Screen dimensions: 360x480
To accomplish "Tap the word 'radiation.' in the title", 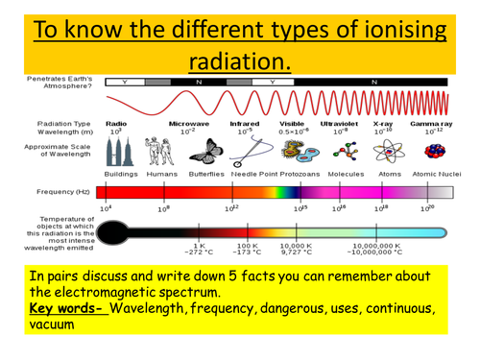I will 240,60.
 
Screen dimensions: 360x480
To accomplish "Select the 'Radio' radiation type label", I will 116,124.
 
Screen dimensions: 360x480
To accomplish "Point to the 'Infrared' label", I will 244,124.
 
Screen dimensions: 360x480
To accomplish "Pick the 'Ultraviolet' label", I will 340,124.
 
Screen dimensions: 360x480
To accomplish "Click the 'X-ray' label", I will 383,124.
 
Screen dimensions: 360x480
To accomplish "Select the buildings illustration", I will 119,150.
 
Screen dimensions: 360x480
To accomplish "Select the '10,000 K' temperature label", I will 295,246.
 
